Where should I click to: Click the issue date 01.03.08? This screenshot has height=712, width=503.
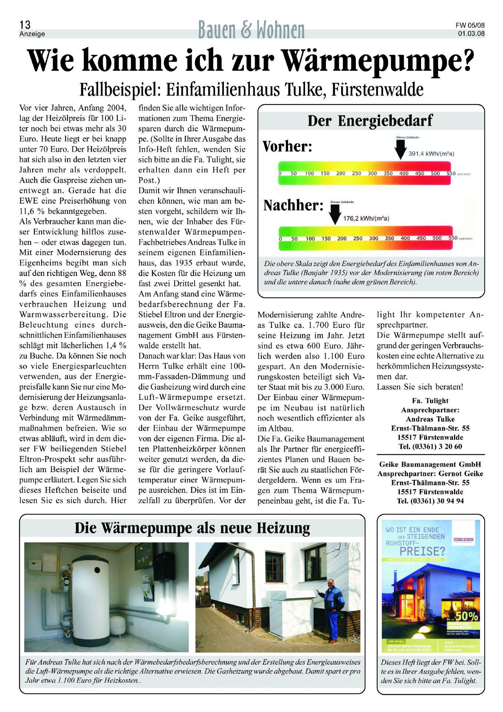(x=471, y=33)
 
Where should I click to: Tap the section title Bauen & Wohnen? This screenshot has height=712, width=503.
(x=251, y=30)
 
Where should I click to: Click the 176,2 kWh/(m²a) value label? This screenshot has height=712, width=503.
(x=365, y=218)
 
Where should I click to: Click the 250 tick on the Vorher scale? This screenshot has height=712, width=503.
(x=357, y=174)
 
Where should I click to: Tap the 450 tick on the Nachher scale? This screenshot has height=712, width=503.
(x=421, y=238)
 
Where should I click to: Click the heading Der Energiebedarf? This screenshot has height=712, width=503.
(x=370, y=121)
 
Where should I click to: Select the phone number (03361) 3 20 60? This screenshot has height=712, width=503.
(x=430, y=446)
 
